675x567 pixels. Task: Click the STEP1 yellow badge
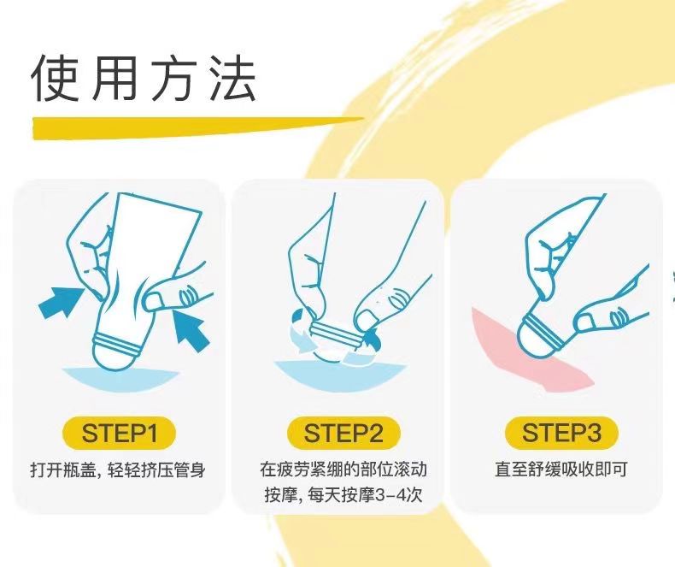tap(120, 433)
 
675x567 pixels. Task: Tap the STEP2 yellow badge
tap(343, 433)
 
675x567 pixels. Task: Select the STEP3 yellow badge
tap(561, 433)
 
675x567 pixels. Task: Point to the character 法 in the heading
tap(232, 79)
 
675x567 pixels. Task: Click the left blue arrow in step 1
tap(61, 302)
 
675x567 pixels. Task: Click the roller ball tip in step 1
tap(116, 357)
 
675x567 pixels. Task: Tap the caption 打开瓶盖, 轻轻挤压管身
tap(118, 470)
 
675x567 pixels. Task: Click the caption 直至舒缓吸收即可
tap(561, 470)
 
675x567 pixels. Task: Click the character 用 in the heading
tap(115, 79)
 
